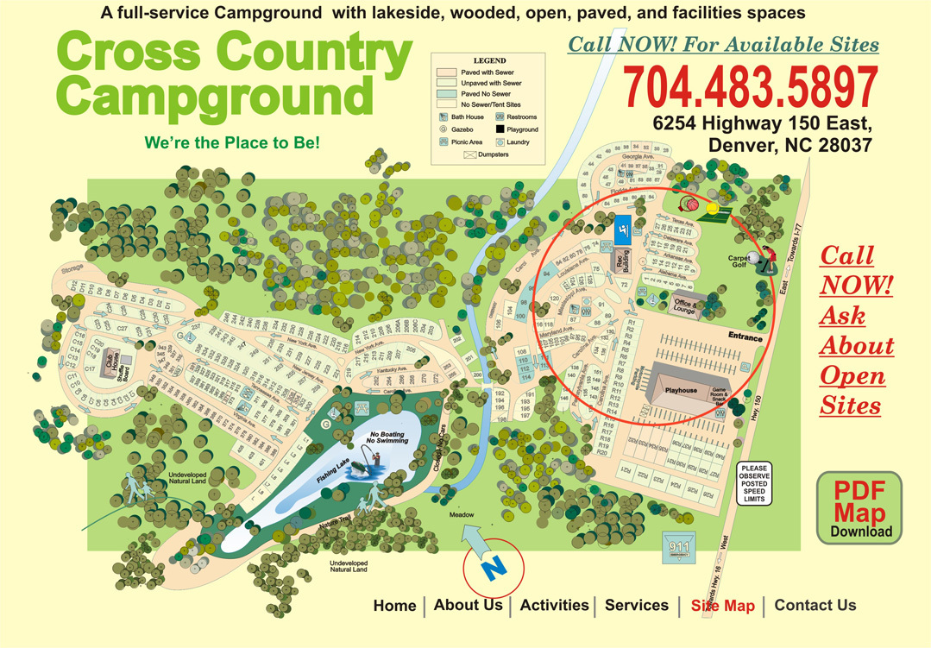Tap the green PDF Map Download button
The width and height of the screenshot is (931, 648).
(859, 509)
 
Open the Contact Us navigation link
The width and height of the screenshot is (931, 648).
(815, 606)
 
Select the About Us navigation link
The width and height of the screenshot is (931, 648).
(468, 606)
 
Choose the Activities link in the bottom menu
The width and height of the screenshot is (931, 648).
(554, 606)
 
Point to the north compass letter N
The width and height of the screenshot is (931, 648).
(493, 568)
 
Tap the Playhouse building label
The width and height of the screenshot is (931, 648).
(681, 390)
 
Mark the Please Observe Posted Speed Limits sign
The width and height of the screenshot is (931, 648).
(753, 483)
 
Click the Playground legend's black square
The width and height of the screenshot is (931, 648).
(500, 129)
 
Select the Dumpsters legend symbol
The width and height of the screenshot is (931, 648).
(471, 154)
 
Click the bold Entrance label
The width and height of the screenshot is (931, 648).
(745, 337)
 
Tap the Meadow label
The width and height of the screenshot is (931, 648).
(462, 515)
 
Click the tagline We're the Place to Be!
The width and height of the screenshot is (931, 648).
(232, 142)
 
